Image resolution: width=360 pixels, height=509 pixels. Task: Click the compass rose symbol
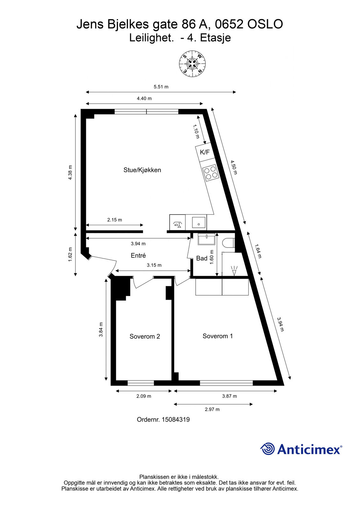coord(192,64)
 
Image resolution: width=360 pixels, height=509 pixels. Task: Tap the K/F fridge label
coord(205,152)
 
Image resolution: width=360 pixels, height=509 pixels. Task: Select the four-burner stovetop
coord(211,172)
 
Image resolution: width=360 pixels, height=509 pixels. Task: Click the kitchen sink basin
coord(199,222)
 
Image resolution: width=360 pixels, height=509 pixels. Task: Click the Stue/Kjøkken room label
coord(142,170)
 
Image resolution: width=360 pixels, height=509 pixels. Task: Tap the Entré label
coord(138,255)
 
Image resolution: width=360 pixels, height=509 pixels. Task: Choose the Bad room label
coord(202,258)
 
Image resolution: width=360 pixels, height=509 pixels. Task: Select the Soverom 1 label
coord(218,336)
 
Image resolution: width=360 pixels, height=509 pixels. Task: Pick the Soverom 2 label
coord(145,336)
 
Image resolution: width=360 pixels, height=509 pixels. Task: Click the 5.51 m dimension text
coord(161,87)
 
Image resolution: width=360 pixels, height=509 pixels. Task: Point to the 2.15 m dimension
coord(115,220)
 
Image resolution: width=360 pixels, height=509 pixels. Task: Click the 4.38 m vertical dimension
coord(70,172)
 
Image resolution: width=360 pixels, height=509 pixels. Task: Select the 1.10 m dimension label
coord(196,131)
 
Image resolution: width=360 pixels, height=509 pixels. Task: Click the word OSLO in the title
coord(265,24)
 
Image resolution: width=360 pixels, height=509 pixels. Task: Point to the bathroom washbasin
coord(207,239)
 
